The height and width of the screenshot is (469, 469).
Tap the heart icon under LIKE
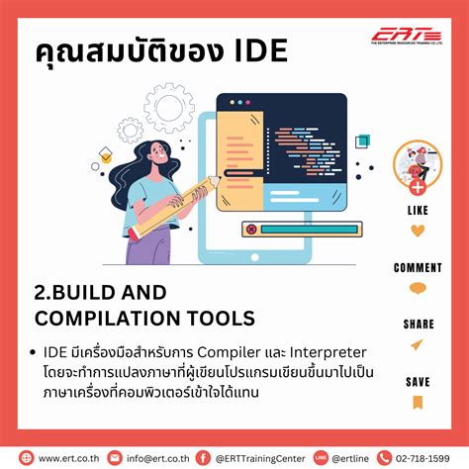click(418, 232)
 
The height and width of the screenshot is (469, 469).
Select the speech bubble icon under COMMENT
click(418, 289)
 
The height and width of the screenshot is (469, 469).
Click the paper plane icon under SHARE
click(418, 344)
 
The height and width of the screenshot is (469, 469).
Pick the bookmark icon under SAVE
click(418, 401)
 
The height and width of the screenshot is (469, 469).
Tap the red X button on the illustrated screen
click(251, 229)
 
